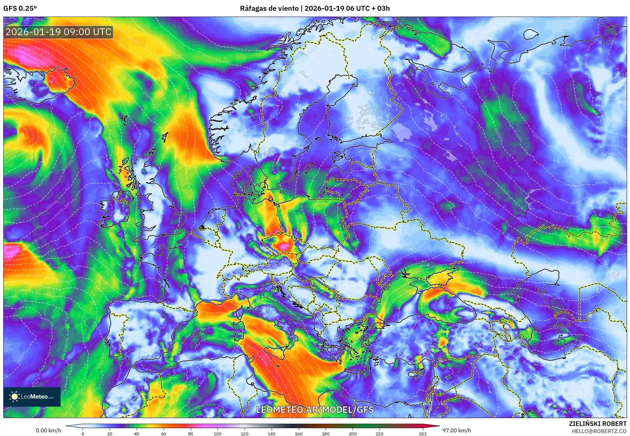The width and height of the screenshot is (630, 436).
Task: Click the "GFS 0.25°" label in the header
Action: coord(20,8)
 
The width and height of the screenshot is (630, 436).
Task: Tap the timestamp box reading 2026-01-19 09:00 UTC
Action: coord(58,32)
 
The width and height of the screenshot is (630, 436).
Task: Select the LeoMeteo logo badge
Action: coord(32,397)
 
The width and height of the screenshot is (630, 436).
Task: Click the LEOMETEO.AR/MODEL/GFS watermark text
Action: coord(315,410)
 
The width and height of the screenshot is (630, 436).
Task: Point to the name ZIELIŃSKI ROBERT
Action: coord(597,424)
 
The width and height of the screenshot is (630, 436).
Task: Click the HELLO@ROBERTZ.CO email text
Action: coord(599,431)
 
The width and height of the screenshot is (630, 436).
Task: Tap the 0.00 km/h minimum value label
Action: coord(48,430)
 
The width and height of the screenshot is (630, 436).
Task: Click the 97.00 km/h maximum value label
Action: coord(457,430)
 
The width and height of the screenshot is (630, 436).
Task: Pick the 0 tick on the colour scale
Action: coord(83,434)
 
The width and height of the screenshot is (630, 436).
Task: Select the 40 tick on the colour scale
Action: coord(137,434)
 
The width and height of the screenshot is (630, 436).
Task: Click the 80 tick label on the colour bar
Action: coord(190,434)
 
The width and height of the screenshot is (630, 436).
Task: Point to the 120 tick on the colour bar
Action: coord(245,434)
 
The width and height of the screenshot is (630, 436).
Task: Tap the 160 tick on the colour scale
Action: coord(298,434)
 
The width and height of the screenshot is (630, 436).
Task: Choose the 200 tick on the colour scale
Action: coord(352,434)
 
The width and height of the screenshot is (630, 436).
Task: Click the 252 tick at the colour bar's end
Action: coord(423,434)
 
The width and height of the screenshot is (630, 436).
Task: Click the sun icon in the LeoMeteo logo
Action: coord(14,396)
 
